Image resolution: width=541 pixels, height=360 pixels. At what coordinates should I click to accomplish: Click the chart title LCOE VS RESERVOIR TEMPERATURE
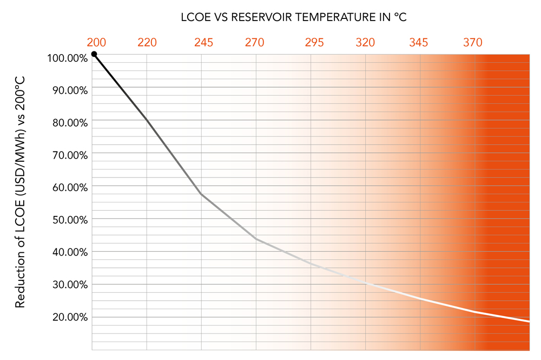click(x=294, y=17)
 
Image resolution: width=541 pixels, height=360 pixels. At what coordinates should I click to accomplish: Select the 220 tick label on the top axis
click(x=147, y=42)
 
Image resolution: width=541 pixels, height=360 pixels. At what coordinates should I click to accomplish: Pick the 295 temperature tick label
click(x=314, y=42)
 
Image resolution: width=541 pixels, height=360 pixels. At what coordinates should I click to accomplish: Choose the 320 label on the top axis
click(x=366, y=42)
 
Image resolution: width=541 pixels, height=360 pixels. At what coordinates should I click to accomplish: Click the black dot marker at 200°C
click(x=94, y=54)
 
